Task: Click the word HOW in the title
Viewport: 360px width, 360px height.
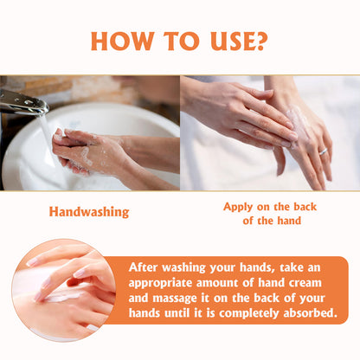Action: tap(122, 41)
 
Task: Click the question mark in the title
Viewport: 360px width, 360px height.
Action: tap(259, 41)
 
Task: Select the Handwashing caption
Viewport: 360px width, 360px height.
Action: tap(89, 212)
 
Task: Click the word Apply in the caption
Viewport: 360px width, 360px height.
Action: tap(238, 207)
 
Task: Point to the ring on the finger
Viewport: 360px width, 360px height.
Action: tap(324, 151)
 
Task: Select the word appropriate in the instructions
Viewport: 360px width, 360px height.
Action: tap(160, 283)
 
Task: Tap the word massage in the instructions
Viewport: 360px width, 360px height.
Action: tap(175, 299)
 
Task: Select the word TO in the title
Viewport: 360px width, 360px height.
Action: tap(182, 41)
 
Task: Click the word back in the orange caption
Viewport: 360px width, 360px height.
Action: tap(305, 207)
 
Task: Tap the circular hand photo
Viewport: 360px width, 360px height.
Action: tap(64, 290)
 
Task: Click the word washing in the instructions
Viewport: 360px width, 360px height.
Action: tap(183, 267)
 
